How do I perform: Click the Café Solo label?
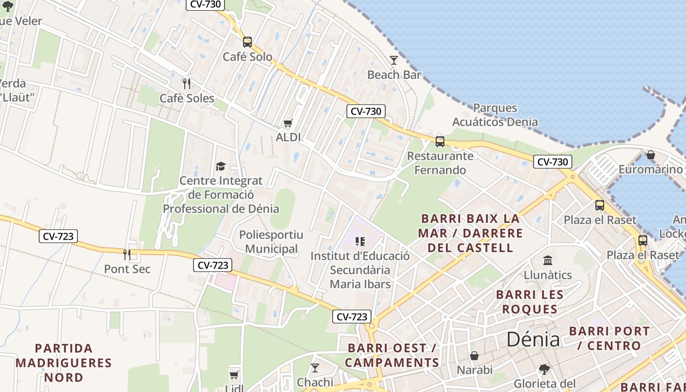pos(247,57)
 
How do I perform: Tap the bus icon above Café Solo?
pos(247,42)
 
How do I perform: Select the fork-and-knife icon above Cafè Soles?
pos(186,84)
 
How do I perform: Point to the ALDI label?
pos(288,137)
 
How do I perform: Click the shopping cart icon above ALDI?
pos(288,123)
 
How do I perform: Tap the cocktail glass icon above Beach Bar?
pos(394,60)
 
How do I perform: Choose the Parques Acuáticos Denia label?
pos(495,115)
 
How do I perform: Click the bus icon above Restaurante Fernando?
pos(440,142)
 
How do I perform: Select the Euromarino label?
pos(650,170)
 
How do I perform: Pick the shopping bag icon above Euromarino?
pos(651,155)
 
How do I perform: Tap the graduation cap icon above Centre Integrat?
pos(220,167)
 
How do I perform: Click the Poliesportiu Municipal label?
pos(271,242)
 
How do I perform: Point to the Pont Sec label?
pos(127,269)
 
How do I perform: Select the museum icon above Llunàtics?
pos(548,260)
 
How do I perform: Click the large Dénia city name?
pos(533,339)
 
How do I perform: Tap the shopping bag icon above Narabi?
pos(474,356)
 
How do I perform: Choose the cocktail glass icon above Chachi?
pos(315,368)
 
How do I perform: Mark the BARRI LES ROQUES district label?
pos(530,302)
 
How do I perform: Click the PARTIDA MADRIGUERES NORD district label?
pos(64,363)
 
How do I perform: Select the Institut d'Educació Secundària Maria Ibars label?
pos(360,270)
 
